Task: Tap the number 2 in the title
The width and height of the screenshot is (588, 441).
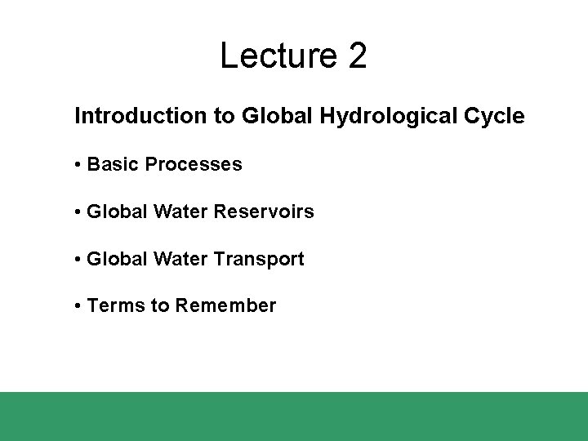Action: click(358, 56)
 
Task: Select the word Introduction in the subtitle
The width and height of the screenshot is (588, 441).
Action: click(141, 116)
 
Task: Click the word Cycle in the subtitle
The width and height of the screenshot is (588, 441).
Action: click(493, 117)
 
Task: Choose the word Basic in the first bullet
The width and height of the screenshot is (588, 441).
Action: click(113, 164)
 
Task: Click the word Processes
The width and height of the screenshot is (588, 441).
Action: click(193, 164)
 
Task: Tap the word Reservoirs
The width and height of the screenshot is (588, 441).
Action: click(263, 212)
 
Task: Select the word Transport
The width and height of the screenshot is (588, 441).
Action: click(258, 259)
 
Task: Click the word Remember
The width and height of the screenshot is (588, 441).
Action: click(225, 305)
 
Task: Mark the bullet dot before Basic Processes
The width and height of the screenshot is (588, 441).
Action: click(77, 165)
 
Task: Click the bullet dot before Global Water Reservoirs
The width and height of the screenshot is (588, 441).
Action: click(77, 212)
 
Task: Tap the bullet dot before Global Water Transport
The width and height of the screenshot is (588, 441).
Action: click(77, 260)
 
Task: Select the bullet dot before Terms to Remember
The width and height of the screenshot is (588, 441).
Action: click(77, 306)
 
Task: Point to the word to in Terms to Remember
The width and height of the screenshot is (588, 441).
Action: click(159, 305)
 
